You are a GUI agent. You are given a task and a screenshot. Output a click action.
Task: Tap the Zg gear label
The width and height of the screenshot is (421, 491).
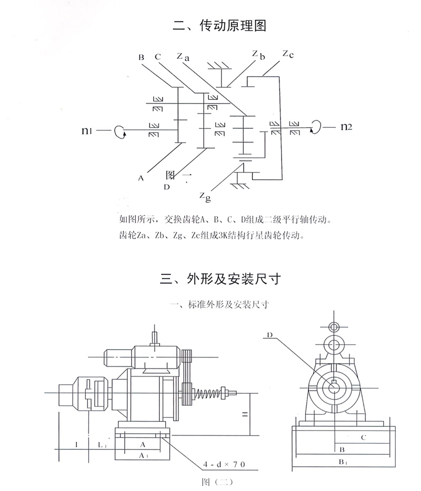click(x=206, y=196)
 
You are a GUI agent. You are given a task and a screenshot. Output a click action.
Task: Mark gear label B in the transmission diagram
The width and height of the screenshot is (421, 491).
click(x=141, y=57)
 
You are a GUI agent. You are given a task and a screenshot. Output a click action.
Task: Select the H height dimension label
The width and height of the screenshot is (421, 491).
click(x=244, y=416)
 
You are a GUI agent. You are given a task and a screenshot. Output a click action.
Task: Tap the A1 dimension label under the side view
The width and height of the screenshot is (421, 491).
click(x=143, y=456)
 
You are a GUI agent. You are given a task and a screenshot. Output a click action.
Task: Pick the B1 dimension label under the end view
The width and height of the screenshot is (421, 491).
click(x=342, y=462)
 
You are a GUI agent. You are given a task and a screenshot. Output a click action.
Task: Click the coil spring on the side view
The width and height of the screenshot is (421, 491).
click(x=208, y=393)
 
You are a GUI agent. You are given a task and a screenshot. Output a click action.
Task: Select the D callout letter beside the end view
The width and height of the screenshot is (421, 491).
click(x=269, y=334)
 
